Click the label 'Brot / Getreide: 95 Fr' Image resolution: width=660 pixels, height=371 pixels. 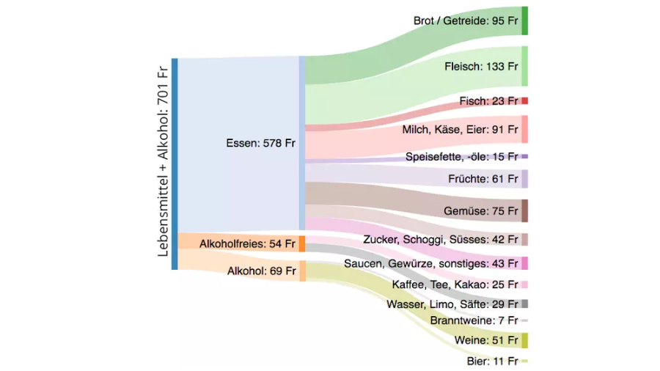pos(465,21)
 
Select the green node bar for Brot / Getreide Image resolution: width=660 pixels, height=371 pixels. pos(524,21)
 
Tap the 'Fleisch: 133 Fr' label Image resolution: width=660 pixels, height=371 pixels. pos(481,67)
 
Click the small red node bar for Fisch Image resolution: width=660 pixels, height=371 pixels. pos(524,100)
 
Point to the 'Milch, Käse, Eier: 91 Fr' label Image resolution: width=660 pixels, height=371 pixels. pos(460,130)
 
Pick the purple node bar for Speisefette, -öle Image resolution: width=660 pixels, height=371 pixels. pos(524,156)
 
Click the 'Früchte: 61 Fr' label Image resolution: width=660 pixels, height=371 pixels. pos(483,179)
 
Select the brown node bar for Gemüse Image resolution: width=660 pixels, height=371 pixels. pos(524,211)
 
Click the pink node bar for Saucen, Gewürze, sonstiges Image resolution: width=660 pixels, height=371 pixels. pos(524,263)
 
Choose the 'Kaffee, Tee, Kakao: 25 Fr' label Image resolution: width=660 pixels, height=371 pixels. pos(455,284)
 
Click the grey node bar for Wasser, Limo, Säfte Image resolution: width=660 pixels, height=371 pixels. pos(524,304)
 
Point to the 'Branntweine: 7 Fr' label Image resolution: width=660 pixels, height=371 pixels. pos(474,320)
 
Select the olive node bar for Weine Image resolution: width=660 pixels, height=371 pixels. pos(524,340)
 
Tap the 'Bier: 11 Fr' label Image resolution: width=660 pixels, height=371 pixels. pos(492,361)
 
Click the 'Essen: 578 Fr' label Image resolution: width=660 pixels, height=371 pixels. pos(260,144)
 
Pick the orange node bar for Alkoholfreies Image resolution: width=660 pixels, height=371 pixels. pos(301,243)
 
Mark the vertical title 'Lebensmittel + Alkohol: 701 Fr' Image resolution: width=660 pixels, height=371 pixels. pos(163,161)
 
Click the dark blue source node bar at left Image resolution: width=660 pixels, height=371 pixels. pos(175,164)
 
